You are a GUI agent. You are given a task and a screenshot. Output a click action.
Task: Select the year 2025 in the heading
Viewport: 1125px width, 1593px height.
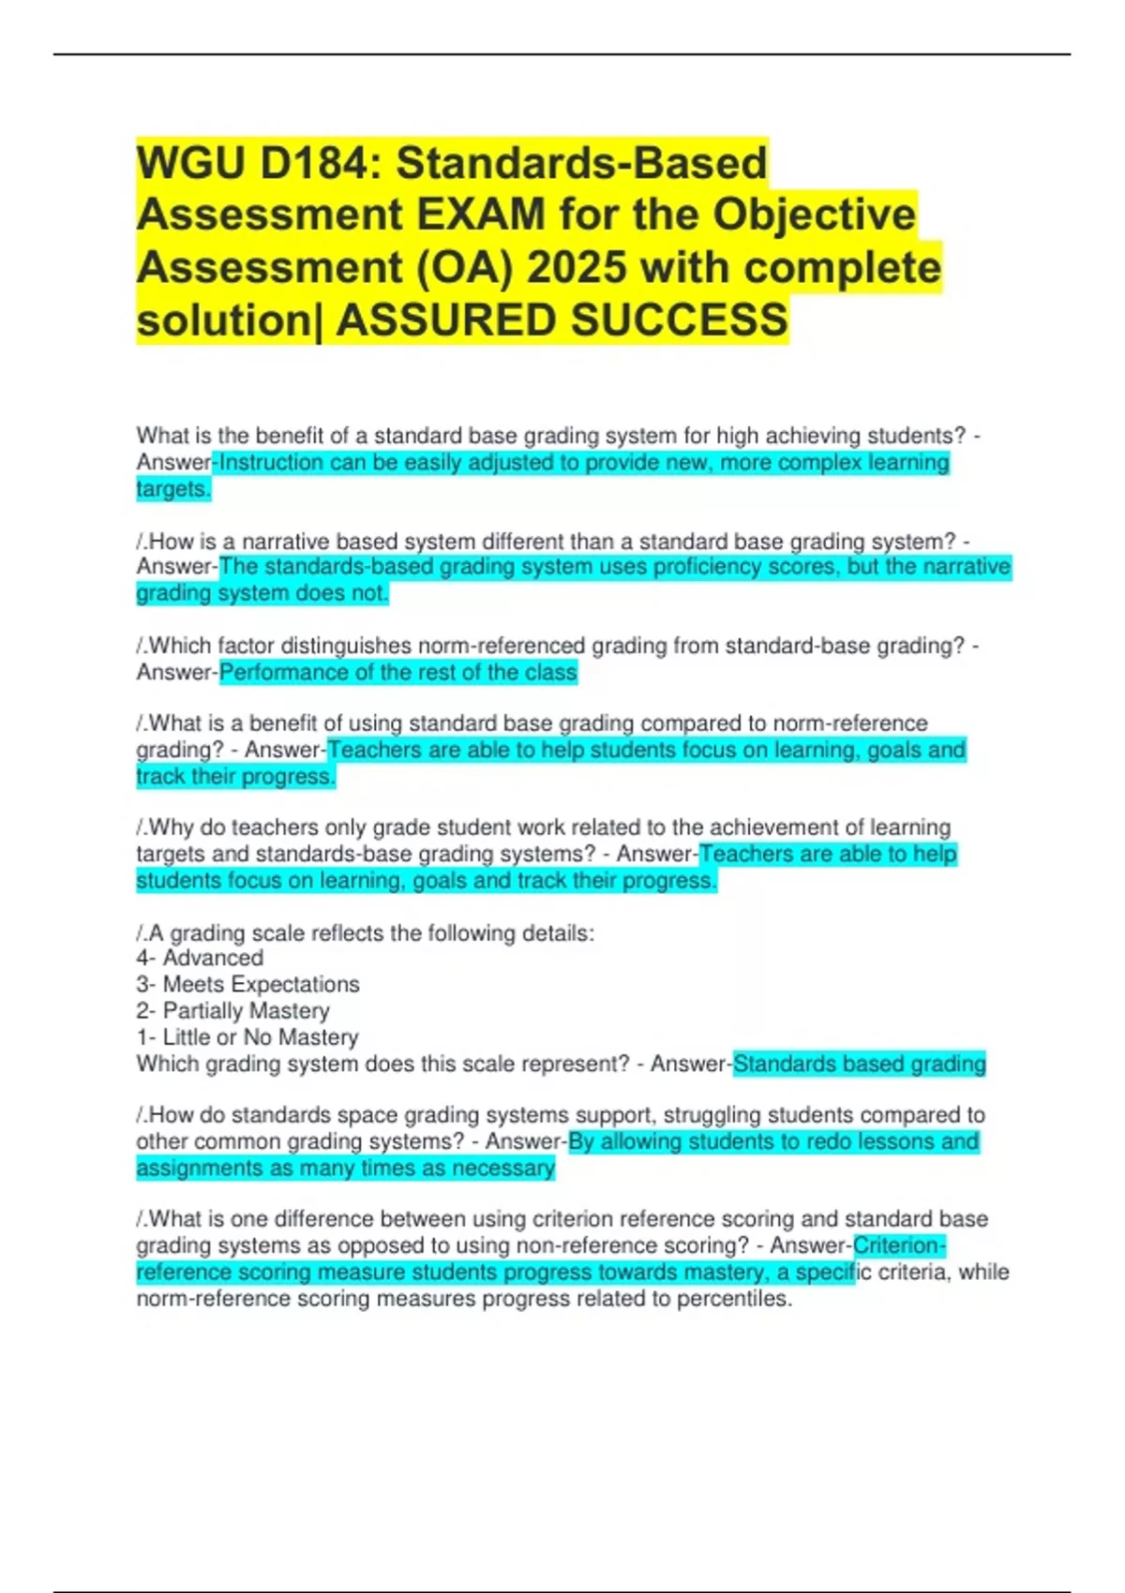[577, 267]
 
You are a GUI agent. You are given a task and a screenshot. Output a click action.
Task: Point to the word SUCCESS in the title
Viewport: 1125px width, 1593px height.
[680, 320]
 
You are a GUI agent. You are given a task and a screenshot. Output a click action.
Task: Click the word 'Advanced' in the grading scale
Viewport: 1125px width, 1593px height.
[213, 958]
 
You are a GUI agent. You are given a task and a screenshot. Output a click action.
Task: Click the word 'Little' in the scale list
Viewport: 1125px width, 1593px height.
[186, 1037]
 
